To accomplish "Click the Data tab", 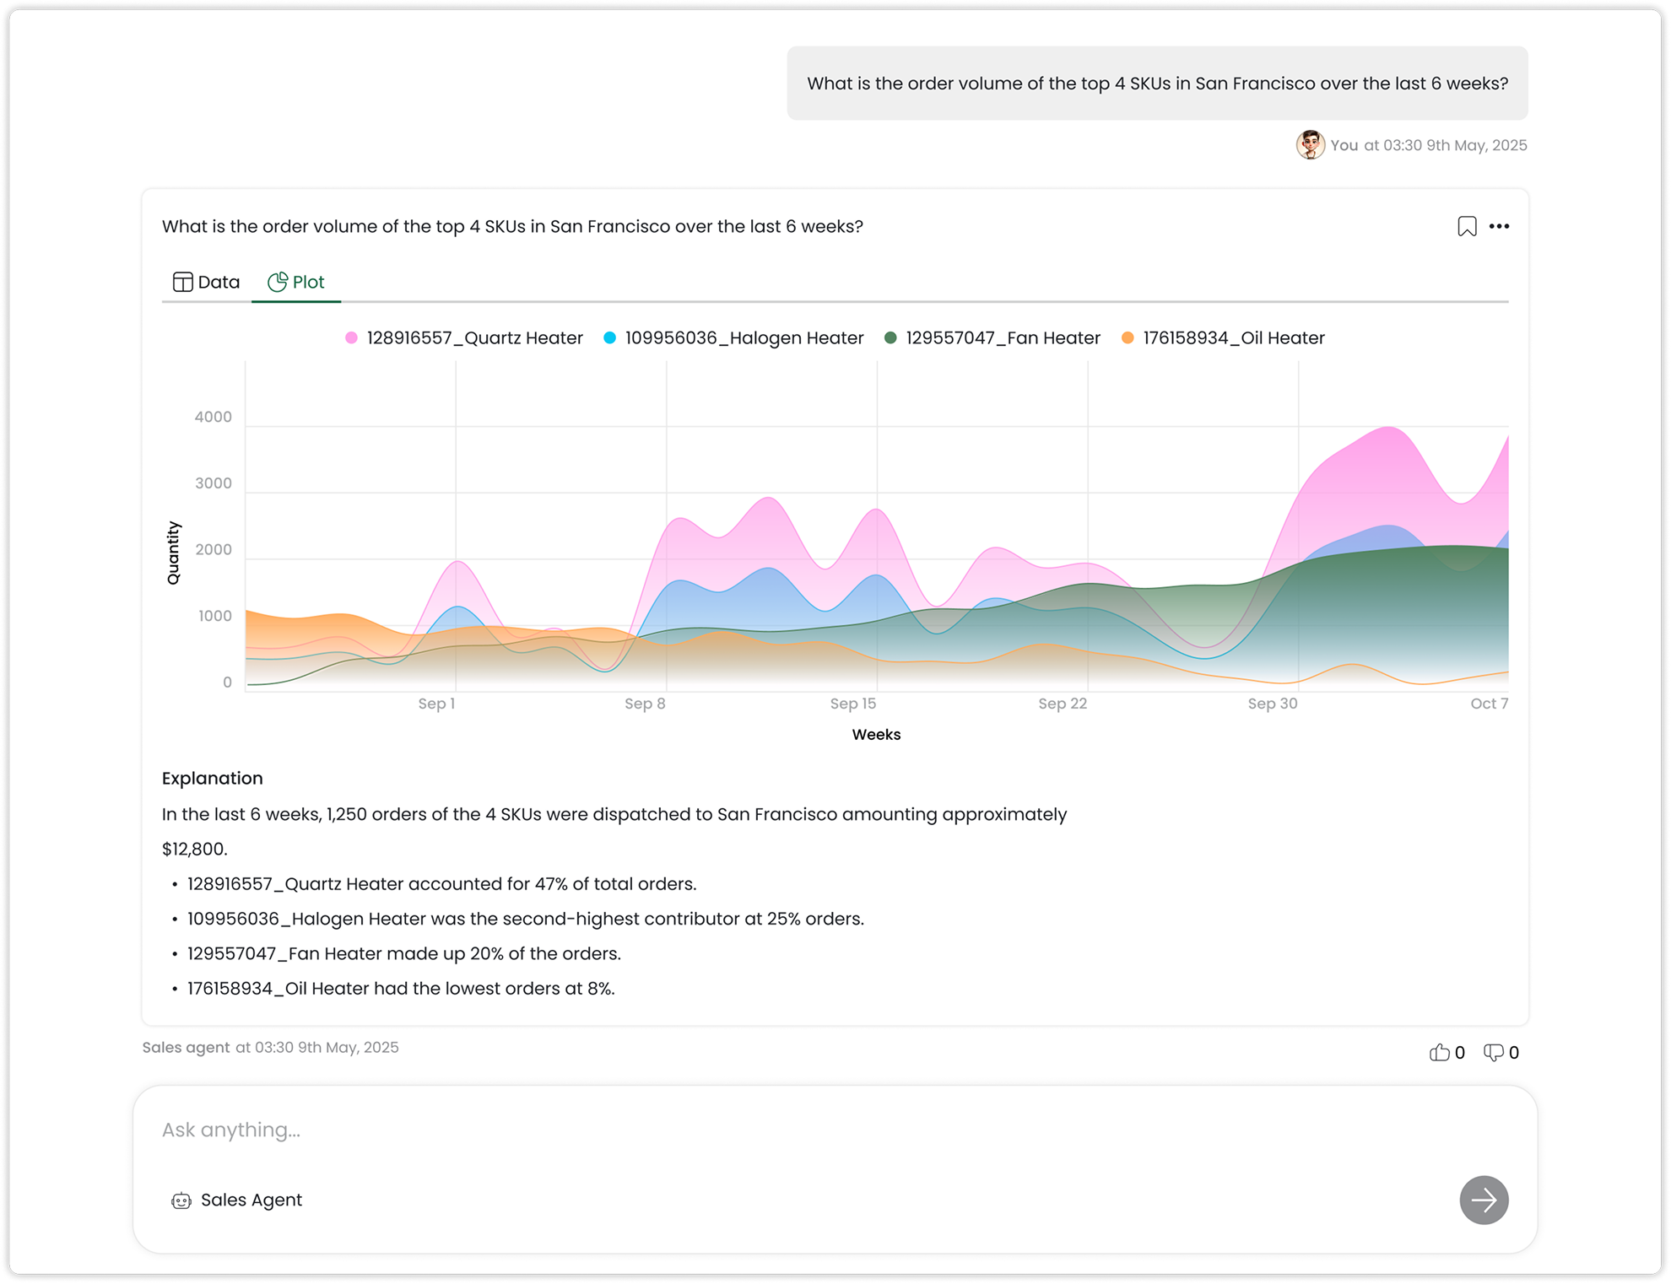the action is tap(206, 282).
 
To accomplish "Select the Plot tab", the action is tap(296, 282).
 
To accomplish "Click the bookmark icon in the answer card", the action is tap(1467, 226).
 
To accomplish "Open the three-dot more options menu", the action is tap(1499, 226).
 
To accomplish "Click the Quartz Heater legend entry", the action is tap(464, 337).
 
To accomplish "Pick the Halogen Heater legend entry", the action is tap(733, 337).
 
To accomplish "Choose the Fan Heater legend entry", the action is tap(992, 337).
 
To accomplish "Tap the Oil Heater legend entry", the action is tap(1223, 337).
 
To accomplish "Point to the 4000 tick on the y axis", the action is tap(213, 417).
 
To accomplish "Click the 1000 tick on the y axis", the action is tap(214, 616).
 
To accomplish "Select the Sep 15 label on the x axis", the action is tap(852, 704).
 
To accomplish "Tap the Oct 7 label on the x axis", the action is tap(1489, 704).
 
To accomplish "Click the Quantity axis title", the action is tap(173, 553).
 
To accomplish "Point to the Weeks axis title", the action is tap(876, 735).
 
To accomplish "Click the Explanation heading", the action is tap(213, 778).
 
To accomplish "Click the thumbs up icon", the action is tap(1439, 1052).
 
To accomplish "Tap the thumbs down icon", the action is tap(1493, 1053).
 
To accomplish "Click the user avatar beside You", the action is tap(1310, 145).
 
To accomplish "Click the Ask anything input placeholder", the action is tap(231, 1130).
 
